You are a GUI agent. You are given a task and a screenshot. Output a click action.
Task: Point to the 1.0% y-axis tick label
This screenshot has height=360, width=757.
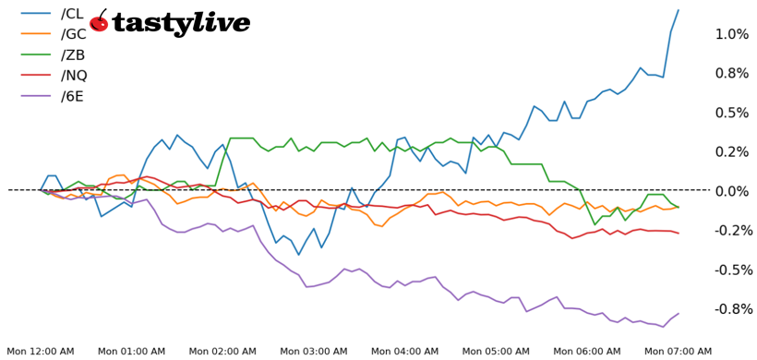coord(731,34)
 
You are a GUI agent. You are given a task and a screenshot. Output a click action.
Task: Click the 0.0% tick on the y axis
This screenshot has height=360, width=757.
coord(731,191)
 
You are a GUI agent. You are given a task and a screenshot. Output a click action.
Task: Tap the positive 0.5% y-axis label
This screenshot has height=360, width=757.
coord(731,113)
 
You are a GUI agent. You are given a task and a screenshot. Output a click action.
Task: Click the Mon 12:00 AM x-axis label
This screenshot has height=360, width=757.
coord(41,352)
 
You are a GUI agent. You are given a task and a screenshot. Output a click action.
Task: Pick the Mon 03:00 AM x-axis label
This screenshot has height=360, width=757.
coord(313,352)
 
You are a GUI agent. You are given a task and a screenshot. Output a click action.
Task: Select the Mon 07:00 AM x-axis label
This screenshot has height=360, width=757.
coord(678,352)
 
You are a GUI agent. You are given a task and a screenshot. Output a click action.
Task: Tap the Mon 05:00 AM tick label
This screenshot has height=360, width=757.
coord(496,352)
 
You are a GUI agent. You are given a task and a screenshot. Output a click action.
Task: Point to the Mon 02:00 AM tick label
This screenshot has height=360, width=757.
coord(222,352)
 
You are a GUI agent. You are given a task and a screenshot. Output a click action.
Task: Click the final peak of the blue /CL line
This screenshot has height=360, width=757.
coord(679,10)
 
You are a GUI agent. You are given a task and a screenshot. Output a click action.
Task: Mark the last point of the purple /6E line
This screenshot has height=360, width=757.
coord(679,314)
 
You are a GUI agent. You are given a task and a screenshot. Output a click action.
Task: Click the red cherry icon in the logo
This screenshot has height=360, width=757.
coord(100,23)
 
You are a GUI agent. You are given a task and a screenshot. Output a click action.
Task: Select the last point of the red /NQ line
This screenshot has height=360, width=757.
coord(679,233)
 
